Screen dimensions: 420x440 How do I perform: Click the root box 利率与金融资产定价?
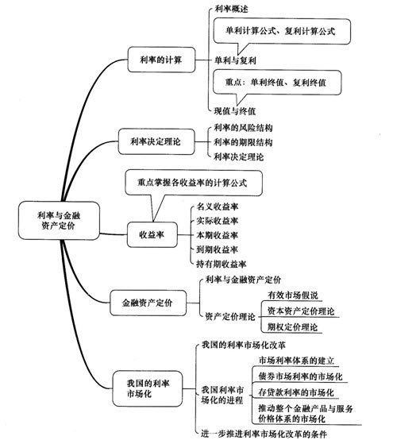click(x=59, y=220)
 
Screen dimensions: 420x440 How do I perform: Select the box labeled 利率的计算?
click(x=161, y=60)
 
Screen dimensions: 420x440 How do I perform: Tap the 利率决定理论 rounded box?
click(x=156, y=141)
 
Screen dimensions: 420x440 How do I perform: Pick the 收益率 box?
click(x=152, y=234)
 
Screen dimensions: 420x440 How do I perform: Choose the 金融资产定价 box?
click(x=148, y=303)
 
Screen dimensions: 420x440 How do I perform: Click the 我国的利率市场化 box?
click(x=148, y=388)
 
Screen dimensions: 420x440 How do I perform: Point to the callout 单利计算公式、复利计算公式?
click(x=282, y=31)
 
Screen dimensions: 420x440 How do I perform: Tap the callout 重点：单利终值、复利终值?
click(x=277, y=83)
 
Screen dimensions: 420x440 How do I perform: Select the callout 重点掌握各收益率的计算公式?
click(x=194, y=183)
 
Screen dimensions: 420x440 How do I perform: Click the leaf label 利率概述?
click(x=231, y=9)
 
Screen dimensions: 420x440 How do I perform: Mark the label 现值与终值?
click(x=235, y=111)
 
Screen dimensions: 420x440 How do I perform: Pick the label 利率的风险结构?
click(x=243, y=128)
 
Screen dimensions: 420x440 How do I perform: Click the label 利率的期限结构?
click(x=243, y=142)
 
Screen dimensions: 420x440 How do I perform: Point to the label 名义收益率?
click(x=218, y=206)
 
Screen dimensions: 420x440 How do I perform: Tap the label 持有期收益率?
click(x=221, y=264)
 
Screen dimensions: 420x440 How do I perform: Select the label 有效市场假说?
click(x=293, y=295)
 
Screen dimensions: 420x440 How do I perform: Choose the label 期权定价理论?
click(x=292, y=327)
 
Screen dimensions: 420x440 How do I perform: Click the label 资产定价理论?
click(x=230, y=317)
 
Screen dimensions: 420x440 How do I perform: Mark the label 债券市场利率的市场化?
click(x=300, y=376)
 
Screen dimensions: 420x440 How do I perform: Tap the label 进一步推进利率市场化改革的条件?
click(x=264, y=434)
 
